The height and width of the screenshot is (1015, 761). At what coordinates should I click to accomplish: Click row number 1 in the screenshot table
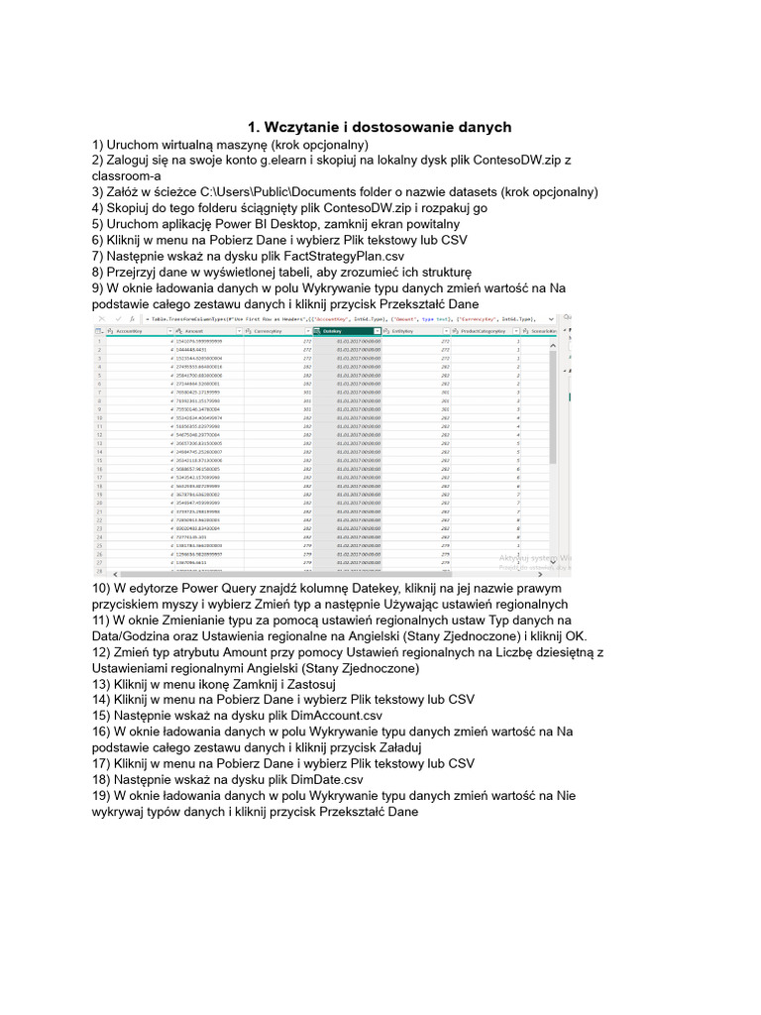[100, 340]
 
